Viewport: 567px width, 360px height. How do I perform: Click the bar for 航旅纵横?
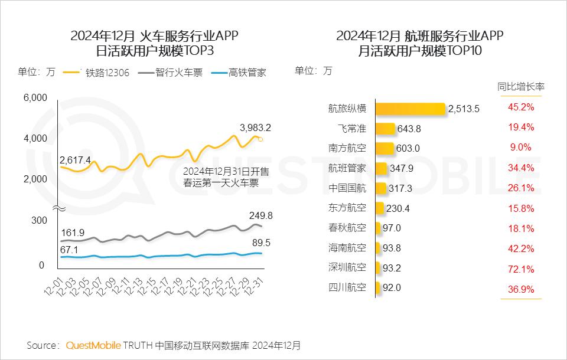pos(410,109)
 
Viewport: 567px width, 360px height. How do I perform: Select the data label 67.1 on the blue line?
pos(70,250)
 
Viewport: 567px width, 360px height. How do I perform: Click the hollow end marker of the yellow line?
pos(261,139)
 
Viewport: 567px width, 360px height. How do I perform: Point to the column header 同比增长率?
pos(521,87)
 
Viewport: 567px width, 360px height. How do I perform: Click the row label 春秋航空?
pos(347,228)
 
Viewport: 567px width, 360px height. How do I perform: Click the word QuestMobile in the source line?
pos(93,345)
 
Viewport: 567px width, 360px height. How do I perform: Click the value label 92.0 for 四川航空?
pos(392,288)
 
